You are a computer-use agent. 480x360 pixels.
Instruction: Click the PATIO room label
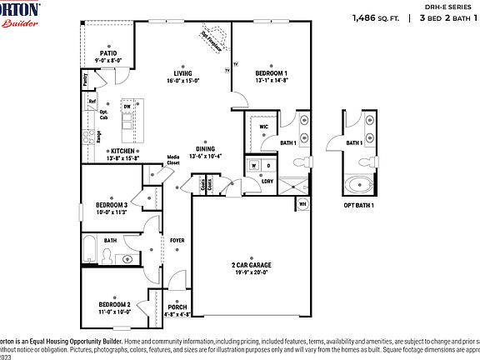[x=108, y=52]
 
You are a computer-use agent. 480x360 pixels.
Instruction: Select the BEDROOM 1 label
[x=272, y=72]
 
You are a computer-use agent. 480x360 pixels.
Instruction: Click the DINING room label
[x=205, y=149]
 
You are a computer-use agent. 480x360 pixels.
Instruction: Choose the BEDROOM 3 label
[x=111, y=205]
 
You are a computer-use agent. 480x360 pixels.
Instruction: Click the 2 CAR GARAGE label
[x=251, y=265]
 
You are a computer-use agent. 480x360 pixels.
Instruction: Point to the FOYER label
[x=177, y=241]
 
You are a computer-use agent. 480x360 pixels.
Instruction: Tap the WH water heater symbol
[x=302, y=203]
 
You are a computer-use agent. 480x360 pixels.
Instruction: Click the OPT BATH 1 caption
[x=359, y=205]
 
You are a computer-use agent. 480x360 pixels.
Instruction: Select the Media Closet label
[x=173, y=159]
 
